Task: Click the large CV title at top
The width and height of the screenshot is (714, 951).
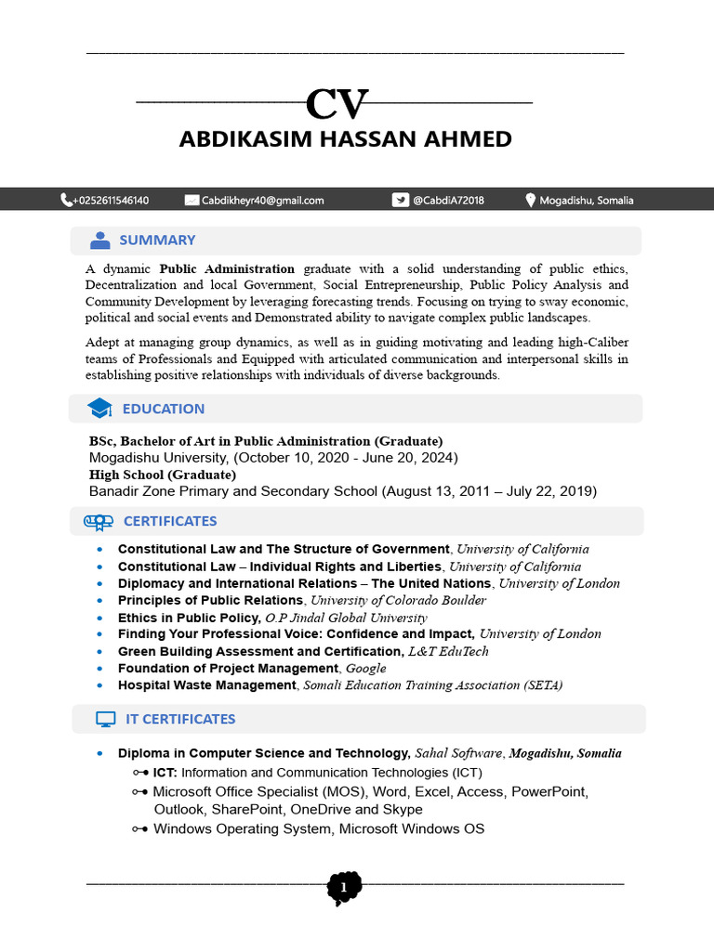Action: pyautogui.click(x=337, y=105)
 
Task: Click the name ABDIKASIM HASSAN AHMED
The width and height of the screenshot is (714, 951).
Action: pyautogui.click(x=345, y=139)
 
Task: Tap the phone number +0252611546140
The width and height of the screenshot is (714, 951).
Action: pyautogui.click(x=111, y=200)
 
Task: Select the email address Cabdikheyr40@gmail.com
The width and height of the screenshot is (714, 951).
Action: pyautogui.click(x=262, y=200)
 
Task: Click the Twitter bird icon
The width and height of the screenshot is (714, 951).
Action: pyautogui.click(x=400, y=200)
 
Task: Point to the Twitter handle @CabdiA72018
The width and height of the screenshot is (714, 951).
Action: pyautogui.click(x=448, y=200)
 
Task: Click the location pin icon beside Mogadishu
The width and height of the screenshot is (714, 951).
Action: pyautogui.click(x=531, y=200)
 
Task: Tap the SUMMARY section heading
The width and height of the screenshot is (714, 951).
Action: pyautogui.click(x=157, y=241)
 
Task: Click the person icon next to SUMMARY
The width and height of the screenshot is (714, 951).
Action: pyautogui.click(x=99, y=241)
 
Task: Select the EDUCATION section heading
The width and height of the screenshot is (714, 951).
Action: pyautogui.click(x=163, y=409)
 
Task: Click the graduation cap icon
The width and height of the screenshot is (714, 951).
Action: pyautogui.click(x=99, y=409)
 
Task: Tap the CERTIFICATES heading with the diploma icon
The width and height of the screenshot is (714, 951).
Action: pyautogui.click(x=169, y=521)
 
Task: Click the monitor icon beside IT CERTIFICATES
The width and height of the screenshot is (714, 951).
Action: pyautogui.click(x=105, y=719)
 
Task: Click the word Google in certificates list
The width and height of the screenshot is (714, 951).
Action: pyautogui.click(x=365, y=669)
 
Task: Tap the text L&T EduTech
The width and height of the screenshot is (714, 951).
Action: pyautogui.click(x=448, y=652)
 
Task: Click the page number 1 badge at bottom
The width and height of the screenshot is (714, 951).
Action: pyautogui.click(x=344, y=888)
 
